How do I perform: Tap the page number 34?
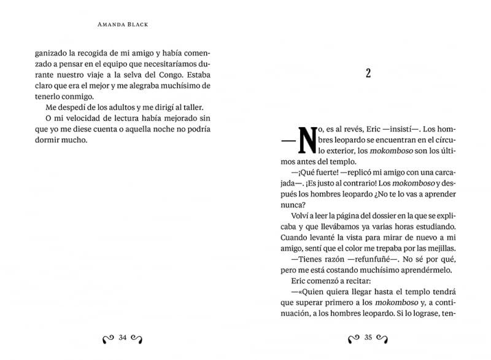coord(122,337)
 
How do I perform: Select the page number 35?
coord(369,337)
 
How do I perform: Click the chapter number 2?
coord(368,74)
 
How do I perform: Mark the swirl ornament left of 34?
coord(107,337)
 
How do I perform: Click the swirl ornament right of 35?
coord(384,337)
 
